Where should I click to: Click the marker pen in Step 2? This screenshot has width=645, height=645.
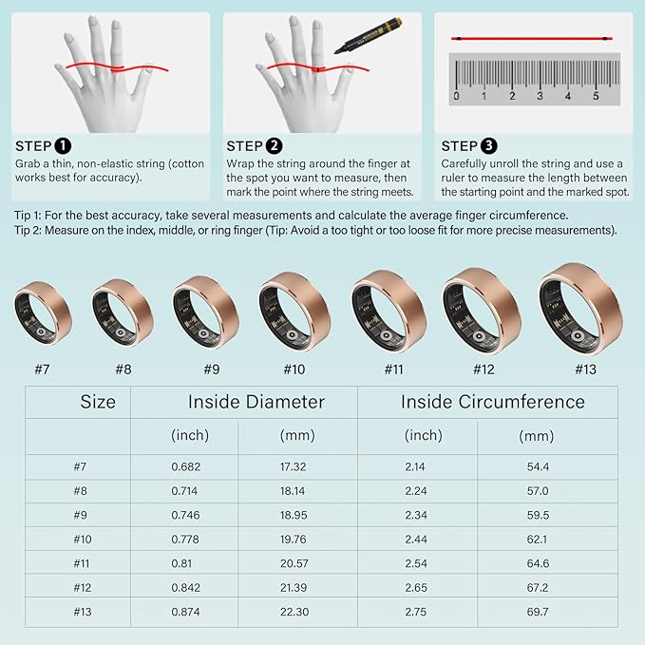pos(369,35)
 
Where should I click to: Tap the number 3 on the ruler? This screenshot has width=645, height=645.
pos(540,96)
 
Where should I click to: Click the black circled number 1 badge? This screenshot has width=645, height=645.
pos(63,146)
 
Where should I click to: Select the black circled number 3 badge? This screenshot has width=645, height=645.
pos(488,146)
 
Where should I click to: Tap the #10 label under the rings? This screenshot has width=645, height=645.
pos(294,370)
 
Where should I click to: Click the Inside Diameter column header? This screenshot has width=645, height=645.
pos(256,402)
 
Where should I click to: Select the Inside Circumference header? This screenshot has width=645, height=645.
pos(493,402)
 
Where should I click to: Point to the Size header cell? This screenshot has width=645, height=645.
pos(98,402)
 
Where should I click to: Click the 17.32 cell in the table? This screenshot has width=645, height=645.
pos(294,466)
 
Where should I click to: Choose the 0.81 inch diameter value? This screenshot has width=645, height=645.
pos(181,563)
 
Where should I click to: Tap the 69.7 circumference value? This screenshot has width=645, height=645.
pos(538,612)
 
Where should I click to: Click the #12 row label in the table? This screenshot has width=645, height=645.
pos(83,588)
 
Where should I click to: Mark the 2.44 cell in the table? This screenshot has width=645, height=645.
pos(416,540)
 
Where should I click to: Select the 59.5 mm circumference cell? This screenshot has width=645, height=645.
pos(538,515)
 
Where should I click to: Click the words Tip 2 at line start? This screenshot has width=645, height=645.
pos(27,230)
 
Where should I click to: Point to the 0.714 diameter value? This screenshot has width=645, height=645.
pos(184,491)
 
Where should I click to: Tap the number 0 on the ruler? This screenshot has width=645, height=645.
pos(456,96)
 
